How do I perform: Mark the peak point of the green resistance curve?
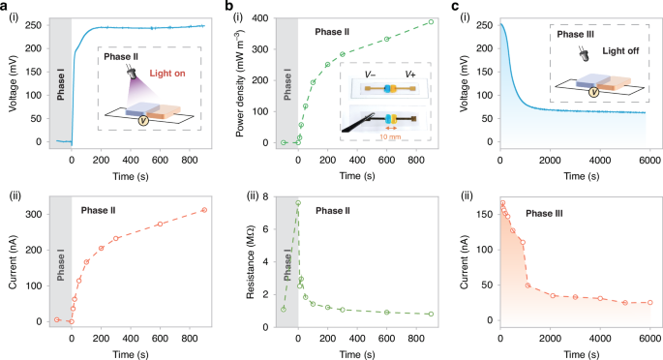(x=298, y=202)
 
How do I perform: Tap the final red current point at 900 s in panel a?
(x=204, y=210)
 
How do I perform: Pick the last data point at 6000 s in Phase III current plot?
(x=649, y=302)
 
